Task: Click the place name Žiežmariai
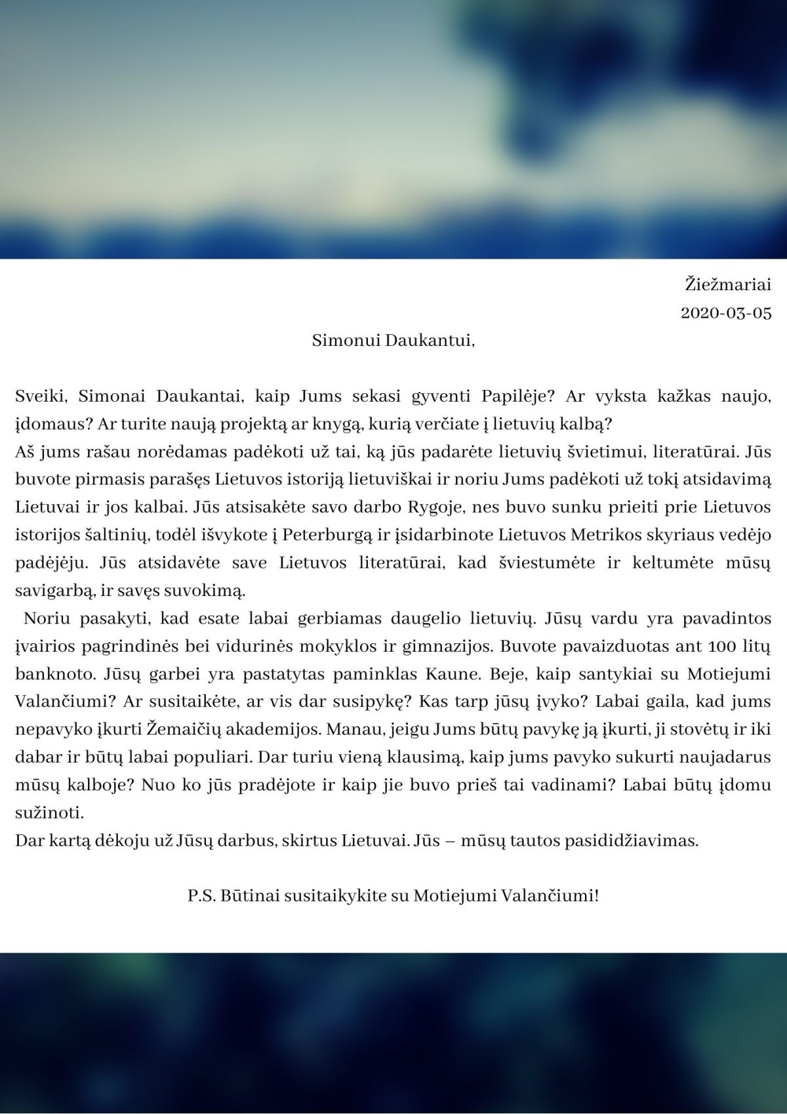click(x=728, y=285)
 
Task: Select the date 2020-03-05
click(x=726, y=313)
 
